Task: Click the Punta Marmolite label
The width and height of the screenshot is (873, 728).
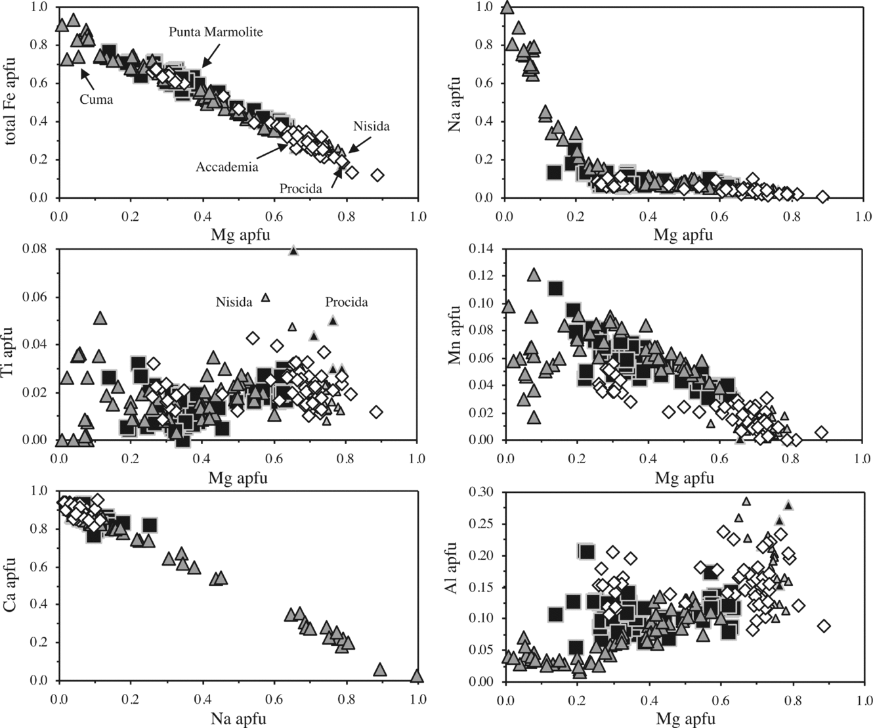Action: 215,32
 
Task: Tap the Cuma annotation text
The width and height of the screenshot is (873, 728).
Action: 98,100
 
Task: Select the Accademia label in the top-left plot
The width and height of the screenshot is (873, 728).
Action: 226,167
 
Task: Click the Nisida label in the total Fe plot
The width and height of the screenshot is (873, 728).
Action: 371,126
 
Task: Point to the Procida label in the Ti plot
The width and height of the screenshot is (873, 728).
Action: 347,302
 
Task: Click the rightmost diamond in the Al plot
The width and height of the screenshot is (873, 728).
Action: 824,626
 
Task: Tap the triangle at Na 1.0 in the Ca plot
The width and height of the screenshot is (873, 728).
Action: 416,676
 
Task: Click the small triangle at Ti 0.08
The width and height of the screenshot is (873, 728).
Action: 293,250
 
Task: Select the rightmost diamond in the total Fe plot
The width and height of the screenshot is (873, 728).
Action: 377,175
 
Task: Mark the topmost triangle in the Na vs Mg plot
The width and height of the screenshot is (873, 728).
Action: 507,7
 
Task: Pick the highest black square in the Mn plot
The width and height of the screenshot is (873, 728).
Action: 556,288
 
